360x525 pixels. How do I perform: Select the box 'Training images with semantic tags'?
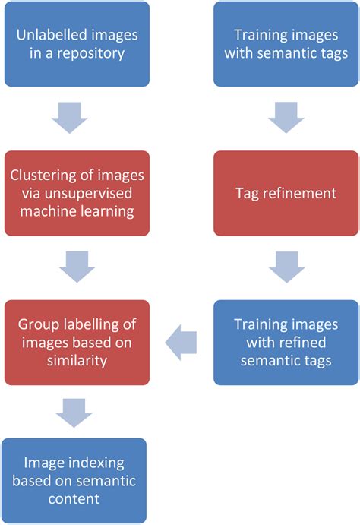click(x=286, y=43)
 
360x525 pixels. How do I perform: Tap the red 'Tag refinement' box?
click(x=286, y=193)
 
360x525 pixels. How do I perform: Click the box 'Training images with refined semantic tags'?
click(x=286, y=342)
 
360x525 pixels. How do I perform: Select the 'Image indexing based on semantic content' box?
click(x=74, y=480)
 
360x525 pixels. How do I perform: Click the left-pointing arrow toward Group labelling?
click(x=182, y=343)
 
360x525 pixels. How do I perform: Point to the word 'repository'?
click(x=93, y=53)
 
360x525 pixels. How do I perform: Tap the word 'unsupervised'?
click(x=99, y=193)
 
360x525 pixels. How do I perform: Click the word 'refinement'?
click(x=298, y=193)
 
